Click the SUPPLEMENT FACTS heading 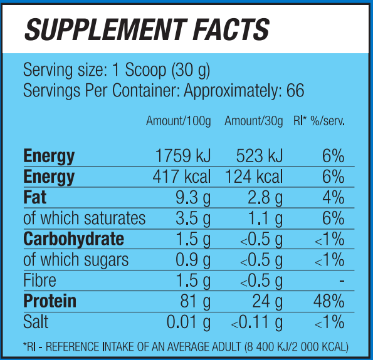point(146,29)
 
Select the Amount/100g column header point(179,121)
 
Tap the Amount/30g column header point(253,121)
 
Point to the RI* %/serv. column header point(319,121)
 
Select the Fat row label point(35,198)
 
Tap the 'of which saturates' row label point(84,219)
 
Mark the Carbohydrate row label point(73,239)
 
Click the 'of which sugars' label point(76,260)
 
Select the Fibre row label point(39,280)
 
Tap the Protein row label point(50,301)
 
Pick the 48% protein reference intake point(329,301)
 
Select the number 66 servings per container point(295,91)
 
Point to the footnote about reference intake point(186,346)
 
